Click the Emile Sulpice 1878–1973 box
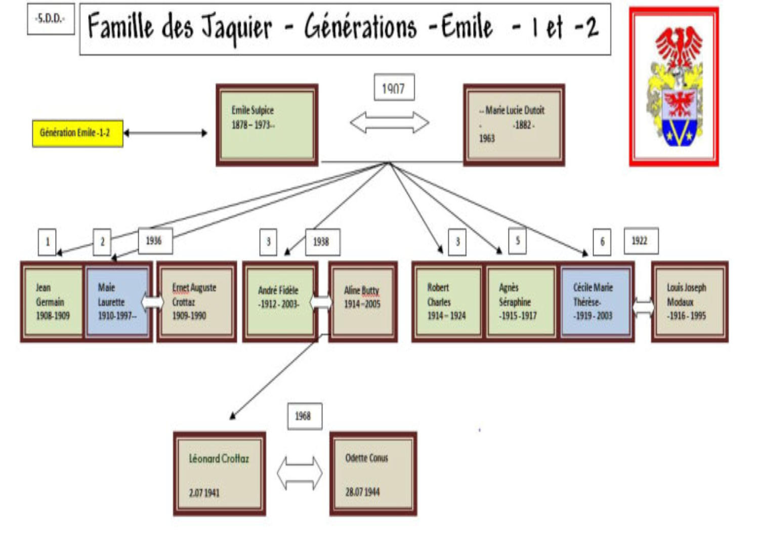coord(267,125)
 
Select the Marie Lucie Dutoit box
coord(514,125)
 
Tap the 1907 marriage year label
coord(394,88)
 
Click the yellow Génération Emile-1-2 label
coord(77,133)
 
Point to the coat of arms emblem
coord(674,87)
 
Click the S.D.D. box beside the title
coord(51,19)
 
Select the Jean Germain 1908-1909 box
coord(53,302)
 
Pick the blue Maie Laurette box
coord(117,302)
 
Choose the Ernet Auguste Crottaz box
coord(196,302)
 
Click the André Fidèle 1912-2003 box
coord(279,302)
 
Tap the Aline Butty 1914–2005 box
coord(362,302)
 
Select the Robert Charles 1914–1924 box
coord(447,302)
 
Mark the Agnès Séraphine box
coord(520,302)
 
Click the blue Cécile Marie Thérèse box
coord(595,302)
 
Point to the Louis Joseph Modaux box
coord(689,302)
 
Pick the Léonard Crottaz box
coord(219,474)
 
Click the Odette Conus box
coord(373,474)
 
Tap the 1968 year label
coord(304,416)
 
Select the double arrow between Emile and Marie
coord(390,122)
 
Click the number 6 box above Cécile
coord(602,241)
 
